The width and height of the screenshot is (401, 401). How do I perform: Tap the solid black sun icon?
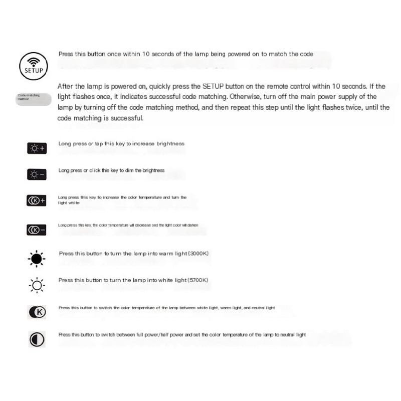pos(37,258)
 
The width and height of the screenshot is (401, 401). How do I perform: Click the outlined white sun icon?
pos(37,285)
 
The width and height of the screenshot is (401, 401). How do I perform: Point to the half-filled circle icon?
pos(37,339)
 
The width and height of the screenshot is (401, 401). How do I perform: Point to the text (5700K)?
pos(197,280)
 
